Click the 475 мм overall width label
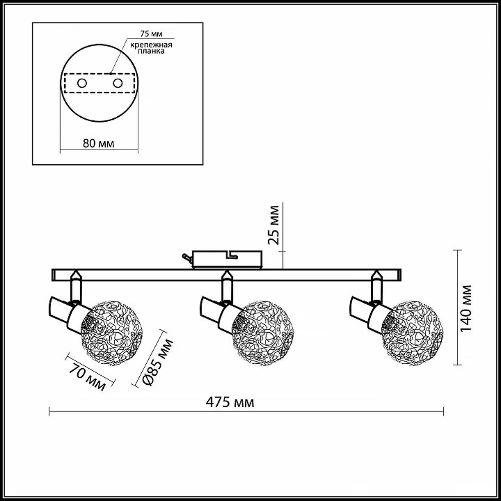pos(230,403)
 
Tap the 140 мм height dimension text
pos(466,308)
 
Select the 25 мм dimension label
pos(273,225)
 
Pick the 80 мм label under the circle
pos(98,143)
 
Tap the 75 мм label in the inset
pos(151,34)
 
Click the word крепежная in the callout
pos(151,45)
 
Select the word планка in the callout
pos(151,51)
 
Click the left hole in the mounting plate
pos(82,83)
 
